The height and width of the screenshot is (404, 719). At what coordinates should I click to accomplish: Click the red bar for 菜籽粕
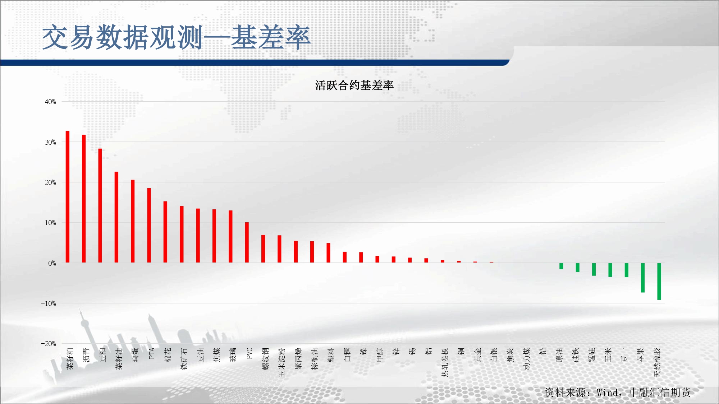[68, 197]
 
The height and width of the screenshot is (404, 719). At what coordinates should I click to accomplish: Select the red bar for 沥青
[84, 199]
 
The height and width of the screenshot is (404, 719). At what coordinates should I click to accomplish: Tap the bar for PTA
[149, 225]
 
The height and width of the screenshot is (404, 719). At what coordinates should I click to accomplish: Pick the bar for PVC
[247, 242]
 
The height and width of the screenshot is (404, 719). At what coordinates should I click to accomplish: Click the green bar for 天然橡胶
[659, 281]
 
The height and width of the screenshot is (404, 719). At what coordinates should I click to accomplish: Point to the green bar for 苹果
[643, 278]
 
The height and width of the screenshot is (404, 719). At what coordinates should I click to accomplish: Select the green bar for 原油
[561, 266]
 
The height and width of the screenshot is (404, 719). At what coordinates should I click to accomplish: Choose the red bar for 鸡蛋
[133, 221]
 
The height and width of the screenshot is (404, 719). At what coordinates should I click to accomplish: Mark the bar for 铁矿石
[182, 234]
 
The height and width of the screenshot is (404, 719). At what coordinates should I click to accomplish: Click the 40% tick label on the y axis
[50, 102]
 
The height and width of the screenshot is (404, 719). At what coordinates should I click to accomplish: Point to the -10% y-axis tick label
[49, 303]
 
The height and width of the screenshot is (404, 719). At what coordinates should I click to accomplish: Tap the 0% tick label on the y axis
[52, 263]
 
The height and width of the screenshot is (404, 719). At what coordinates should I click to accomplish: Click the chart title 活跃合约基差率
[354, 85]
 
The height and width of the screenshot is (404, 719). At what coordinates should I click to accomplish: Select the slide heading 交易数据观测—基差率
[177, 37]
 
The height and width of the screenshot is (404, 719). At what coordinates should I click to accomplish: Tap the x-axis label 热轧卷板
[445, 362]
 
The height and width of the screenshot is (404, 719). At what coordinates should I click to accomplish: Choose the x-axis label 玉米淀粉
[282, 362]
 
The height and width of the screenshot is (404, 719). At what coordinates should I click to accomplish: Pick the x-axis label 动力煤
[527, 358]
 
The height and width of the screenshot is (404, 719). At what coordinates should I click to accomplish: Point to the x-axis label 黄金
[478, 354]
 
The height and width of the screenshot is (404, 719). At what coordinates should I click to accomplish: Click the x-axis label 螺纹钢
[266, 358]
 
